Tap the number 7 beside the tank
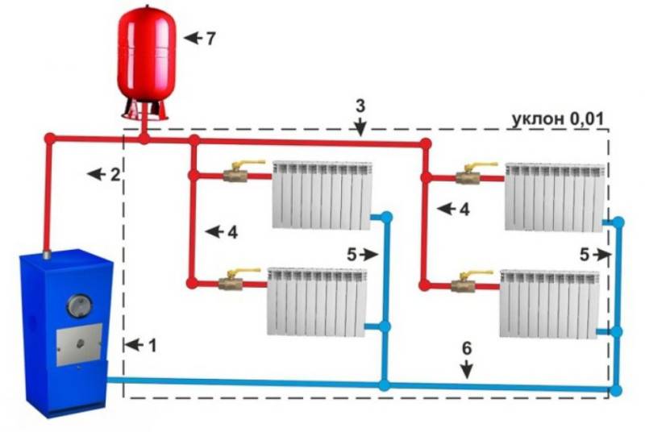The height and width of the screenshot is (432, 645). tap(210, 38)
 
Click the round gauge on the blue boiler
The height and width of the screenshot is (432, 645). tap(79, 305)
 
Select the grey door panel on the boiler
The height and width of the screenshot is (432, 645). tap(79, 344)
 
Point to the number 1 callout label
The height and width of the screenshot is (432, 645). tap(152, 346)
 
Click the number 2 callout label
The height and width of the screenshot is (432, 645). tap(115, 174)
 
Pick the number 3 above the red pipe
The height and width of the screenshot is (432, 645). tap(360, 106)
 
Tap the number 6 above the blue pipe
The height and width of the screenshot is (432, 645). tap(467, 348)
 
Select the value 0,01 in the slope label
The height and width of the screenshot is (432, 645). tap(587, 119)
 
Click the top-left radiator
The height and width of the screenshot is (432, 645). tap(322, 195)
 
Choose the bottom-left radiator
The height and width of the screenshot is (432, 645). tap(316, 301)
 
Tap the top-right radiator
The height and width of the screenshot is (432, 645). tap(555, 197)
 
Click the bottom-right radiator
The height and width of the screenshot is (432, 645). tap(550, 304)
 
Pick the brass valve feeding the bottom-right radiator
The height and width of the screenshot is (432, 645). tap(464, 285)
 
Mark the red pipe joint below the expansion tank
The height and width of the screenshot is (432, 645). tap(144, 139)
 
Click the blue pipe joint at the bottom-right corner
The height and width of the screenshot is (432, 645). tap(616, 390)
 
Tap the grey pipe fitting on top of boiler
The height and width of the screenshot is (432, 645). tap(47, 255)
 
